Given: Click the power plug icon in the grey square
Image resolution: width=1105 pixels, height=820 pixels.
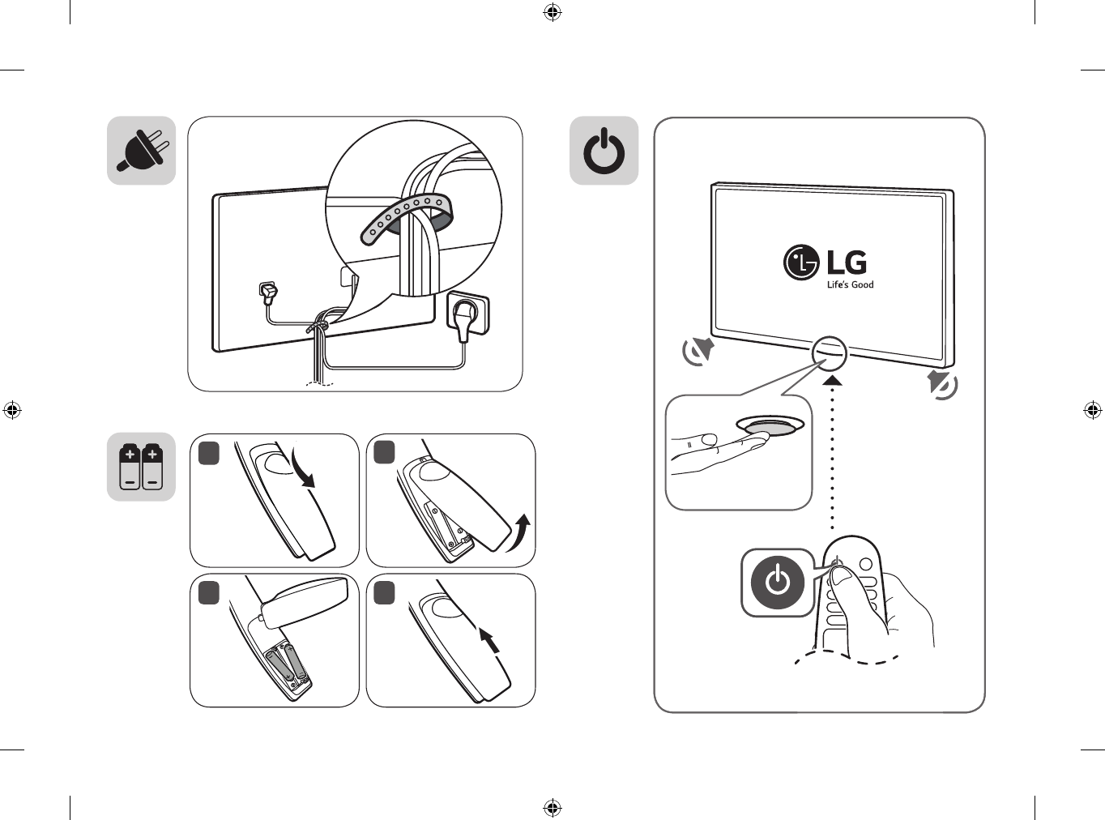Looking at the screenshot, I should (142, 151).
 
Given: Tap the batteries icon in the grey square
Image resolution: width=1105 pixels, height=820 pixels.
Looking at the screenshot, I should (142, 467).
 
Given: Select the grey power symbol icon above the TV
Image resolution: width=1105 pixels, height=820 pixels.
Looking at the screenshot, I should (604, 152).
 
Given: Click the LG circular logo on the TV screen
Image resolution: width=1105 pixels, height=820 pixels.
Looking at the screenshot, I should (801, 263).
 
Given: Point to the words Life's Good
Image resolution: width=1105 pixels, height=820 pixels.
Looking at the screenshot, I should (850, 285).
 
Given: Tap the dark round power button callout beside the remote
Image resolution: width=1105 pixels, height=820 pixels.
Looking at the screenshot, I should (778, 583).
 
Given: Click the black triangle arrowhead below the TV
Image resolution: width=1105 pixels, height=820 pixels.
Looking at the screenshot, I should (832, 379).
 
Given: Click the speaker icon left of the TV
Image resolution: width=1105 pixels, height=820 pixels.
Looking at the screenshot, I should (698, 351).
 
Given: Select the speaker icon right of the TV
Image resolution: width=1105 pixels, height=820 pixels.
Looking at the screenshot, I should (942, 384).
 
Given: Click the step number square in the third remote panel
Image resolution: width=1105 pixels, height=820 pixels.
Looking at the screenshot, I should (209, 593).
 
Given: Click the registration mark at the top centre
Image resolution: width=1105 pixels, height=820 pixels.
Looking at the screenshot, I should (552, 12).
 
